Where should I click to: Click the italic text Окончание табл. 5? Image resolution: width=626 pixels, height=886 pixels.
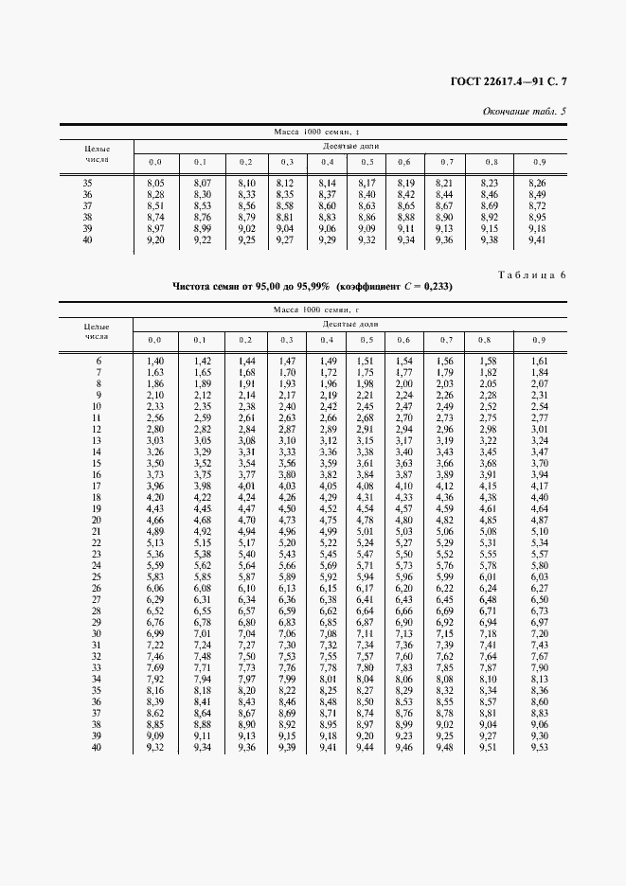click(524, 112)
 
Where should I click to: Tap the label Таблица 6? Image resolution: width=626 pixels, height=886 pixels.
click(531, 275)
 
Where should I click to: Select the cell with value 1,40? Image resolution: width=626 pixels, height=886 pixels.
click(155, 362)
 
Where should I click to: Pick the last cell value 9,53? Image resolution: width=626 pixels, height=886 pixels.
click(539, 748)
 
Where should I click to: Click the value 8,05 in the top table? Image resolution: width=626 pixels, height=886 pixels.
click(155, 182)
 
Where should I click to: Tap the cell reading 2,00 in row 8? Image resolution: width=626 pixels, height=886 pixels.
click(404, 384)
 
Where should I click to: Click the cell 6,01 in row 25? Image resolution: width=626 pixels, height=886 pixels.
click(488, 577)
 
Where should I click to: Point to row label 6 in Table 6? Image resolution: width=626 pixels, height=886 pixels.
click(98, 362)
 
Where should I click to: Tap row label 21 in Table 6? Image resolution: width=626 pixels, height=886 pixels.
click(97, 532)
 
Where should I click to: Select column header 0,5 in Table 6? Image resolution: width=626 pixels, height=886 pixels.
click(366, 339)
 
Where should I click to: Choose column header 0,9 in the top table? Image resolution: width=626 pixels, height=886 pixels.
click(539, 162)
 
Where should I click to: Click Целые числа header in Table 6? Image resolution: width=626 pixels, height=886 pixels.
click(97, 330)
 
